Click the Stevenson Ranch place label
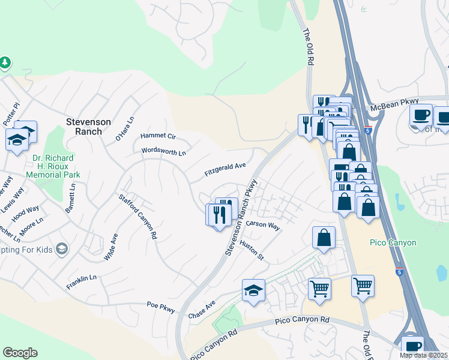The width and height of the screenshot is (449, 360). (x=88, y=127)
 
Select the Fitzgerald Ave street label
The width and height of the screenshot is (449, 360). (x=225, y=169)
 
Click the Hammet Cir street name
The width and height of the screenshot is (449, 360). (x=158, y=136)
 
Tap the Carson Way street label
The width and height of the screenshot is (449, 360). (x=263, y=226)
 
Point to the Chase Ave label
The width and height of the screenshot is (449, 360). (x=201, y=311)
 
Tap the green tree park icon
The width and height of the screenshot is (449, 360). (x=5, y=62)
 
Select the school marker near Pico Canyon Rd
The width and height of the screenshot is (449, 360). (x=253, y=291)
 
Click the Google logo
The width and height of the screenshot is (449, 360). (x=20, y=353)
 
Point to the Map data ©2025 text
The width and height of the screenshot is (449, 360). (x=423, y=355)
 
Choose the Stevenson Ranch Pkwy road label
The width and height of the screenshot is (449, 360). (x=241, y=217)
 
